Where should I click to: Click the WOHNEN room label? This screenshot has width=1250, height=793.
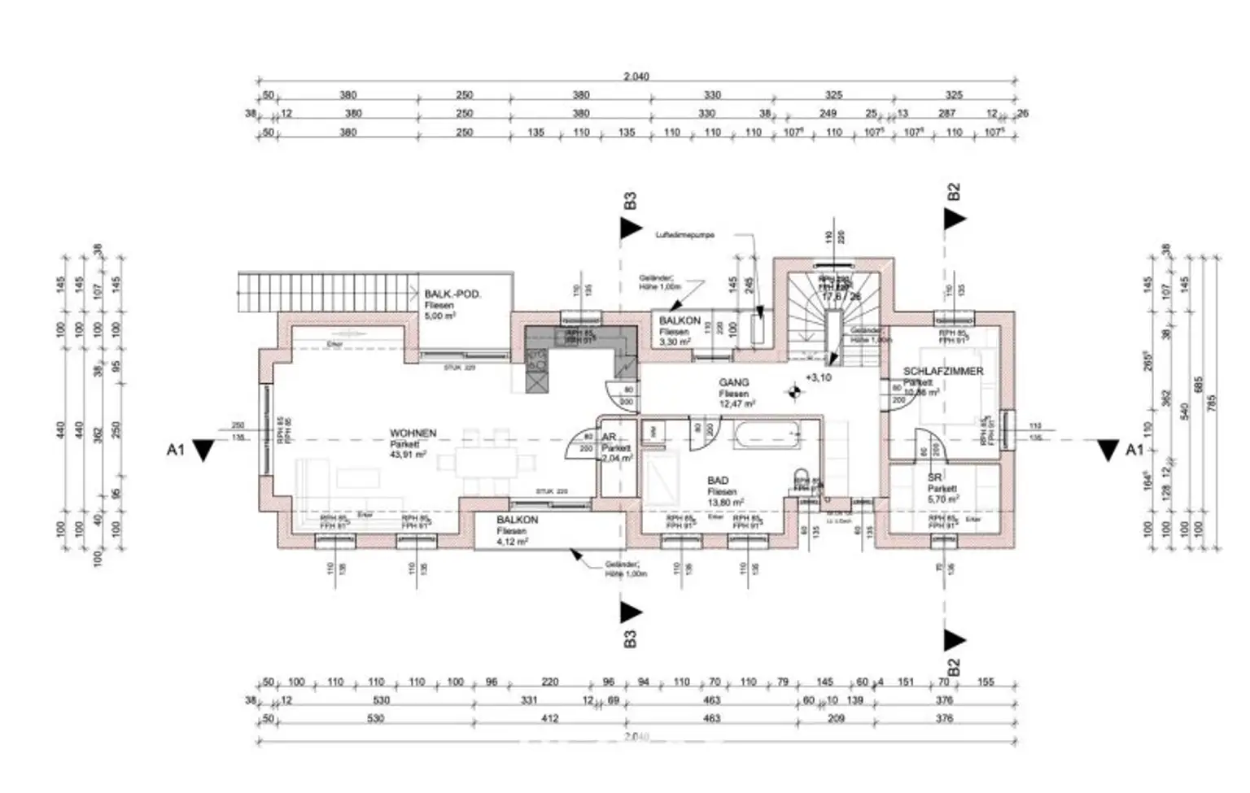coord(413,434)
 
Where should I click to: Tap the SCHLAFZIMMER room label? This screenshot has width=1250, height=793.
coord(943,372)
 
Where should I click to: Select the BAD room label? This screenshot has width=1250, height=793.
coord(718,481)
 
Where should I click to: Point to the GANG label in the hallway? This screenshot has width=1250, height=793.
coord(733,382)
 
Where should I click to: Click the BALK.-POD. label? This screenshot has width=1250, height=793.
coord(452,294)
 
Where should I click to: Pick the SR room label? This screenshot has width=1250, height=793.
coord(934,477)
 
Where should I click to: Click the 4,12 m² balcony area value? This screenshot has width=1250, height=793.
coord(513,541)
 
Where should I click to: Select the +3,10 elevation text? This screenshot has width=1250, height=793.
coord(819,378)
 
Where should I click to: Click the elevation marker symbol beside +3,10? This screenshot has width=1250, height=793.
coord(793,392)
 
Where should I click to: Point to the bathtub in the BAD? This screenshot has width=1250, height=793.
coord(768,435)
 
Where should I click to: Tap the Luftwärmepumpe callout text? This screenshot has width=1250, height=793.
coord(685,235)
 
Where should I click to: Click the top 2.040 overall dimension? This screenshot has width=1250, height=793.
coord(636,76)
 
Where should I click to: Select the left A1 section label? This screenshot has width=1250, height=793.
coord(176,449)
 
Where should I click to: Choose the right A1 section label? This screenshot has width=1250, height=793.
coord(1134,450)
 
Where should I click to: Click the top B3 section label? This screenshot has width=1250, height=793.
coord(629,202)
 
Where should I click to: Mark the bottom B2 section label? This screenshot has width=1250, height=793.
coord(955,666)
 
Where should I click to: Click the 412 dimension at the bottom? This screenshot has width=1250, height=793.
coord(550,719)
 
